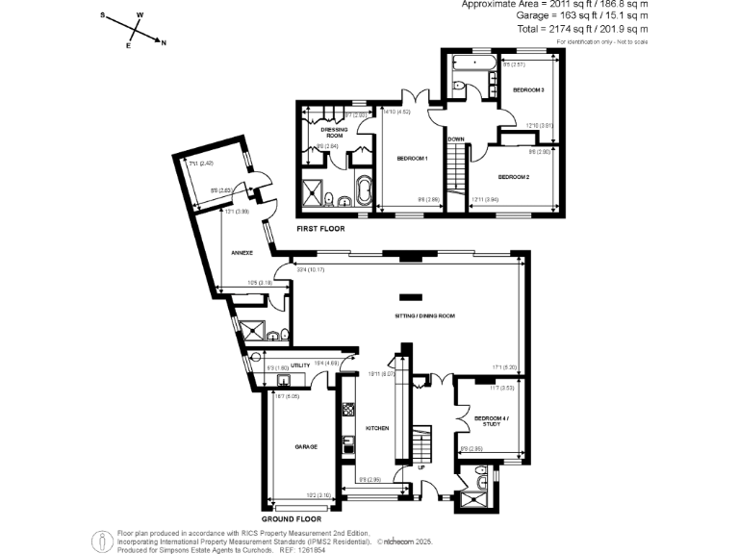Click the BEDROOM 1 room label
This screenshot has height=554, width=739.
click(412, 158)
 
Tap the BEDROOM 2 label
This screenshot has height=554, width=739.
click(513, 177)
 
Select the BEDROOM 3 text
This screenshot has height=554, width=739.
click(528, 89)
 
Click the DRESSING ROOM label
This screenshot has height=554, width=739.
click(333, 133)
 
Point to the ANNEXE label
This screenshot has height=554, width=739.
click(242, 252)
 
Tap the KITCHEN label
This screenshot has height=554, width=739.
click(376, 427)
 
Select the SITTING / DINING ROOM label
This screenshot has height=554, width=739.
click(424, 315)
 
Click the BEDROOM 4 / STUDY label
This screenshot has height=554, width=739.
click(492, 420)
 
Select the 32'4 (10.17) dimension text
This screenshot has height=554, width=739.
click(312, 269)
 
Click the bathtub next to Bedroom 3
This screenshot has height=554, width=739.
click(472, 63)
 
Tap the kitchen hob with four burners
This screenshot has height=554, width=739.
click(348, 408)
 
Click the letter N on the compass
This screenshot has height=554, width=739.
click(164, 42)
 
